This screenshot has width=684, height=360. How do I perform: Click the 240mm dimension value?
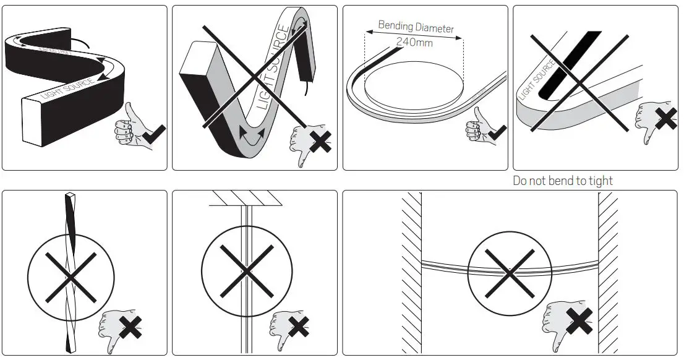click(x=414, y=43)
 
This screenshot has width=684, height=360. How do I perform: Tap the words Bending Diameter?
click(x=416, y=27)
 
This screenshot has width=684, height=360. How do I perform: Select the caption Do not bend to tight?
click(x=563, y=181)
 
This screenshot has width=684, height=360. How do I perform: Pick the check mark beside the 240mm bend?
click(x=496, y=132)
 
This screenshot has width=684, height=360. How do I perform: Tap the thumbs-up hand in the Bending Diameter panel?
click(x=476, y=127)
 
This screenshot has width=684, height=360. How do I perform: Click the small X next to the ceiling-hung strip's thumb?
click(x=298, y=326)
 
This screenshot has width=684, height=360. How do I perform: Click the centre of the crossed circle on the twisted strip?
click(x=71, y=276)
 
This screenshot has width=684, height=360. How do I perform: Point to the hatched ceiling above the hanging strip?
click(x=247, y=197)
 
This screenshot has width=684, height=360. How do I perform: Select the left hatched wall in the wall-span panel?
click(x=411, y=272)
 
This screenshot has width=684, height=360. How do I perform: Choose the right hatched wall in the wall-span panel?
click(x=607, y=272)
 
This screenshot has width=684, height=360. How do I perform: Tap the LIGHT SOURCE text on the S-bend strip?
click(x=67, y=89)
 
